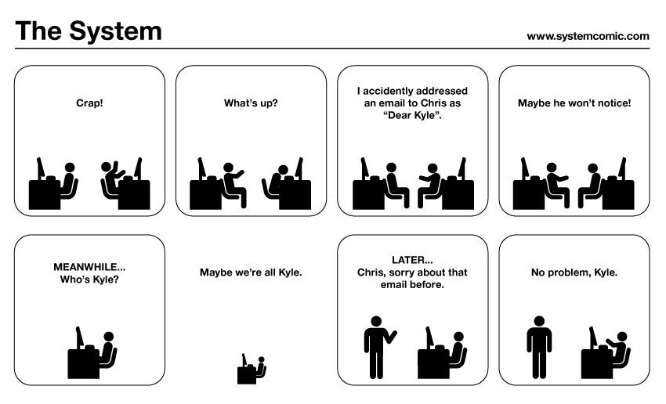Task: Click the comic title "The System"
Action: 89,31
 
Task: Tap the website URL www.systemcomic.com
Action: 588,35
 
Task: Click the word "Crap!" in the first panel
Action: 89,103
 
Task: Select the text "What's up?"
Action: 251,103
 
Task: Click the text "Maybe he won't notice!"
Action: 574,103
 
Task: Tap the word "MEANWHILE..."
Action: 89,266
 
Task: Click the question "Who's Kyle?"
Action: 89,279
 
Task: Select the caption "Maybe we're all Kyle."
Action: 251,272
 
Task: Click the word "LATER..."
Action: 412,260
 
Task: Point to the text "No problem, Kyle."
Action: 574,272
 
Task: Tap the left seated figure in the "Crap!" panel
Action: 69,180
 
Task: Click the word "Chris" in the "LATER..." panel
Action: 371,272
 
